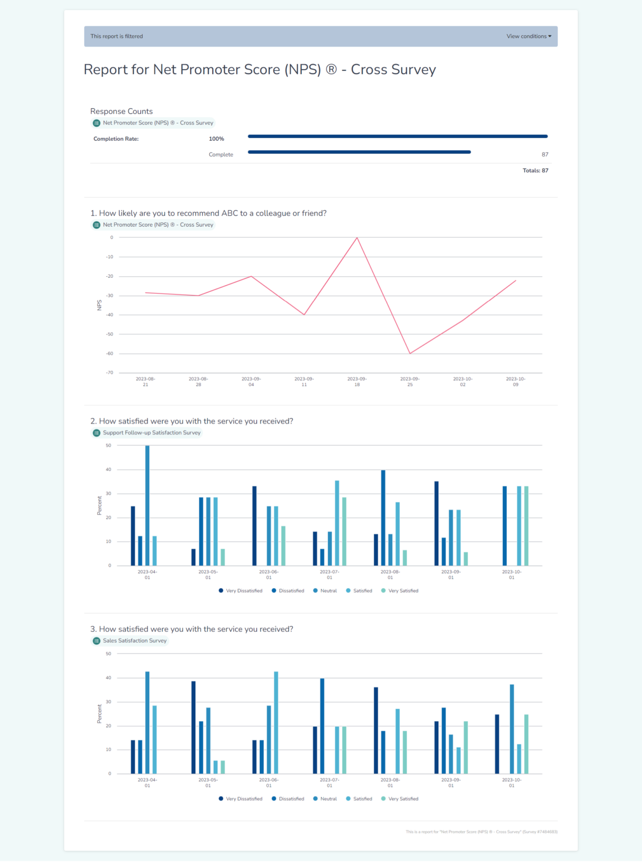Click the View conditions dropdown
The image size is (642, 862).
[529, 36]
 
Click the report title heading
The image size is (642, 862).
[260, 70]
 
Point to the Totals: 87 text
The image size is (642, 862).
[535, 171]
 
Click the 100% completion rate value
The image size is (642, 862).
[216, 139]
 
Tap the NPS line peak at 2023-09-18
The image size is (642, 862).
[357, 238]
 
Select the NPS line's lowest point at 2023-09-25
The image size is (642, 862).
[410, 353]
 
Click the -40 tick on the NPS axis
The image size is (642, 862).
[110, 315]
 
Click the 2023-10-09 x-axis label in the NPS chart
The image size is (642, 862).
[515, 382]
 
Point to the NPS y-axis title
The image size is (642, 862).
[99, 305]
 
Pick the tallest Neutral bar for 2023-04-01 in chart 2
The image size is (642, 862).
[148, 505]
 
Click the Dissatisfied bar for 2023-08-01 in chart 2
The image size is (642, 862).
[383, 517]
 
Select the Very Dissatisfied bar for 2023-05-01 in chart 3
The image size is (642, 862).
[194, 727]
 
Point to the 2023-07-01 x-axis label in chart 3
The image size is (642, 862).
[329, 783]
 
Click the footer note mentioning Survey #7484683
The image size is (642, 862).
[481, 832]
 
